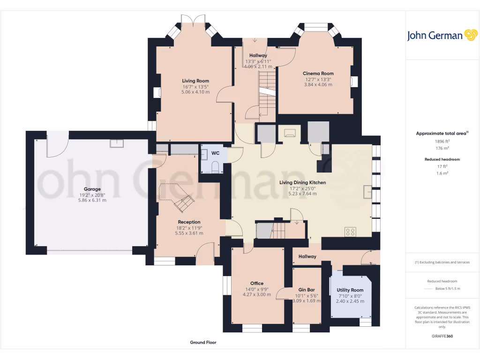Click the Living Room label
pyautogui.click(x=195, y=81)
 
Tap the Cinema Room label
pyautogui.click(x=318, y=74)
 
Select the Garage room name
pyautogui.click(x=92, y=189)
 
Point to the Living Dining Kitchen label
pyautogui.click(x=302, y=182)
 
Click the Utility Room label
pyautogui.click(x=350, y=290)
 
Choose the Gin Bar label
pyautogui.click(x=307, y=290)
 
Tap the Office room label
pyautogui.click(x=256, y=283)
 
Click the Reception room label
pyautogui.click(x=189, y=222)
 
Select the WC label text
pyautogui.click(x=215, y=153)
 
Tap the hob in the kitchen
pyautogui.click(x=350, y=232)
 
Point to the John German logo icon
pyautogui.click(x=470, y=36)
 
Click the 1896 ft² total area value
pyautogui.click(x=442, y=141)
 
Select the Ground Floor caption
pyautogui.click(x=203, y=343)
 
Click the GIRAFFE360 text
pyautogui.click(x=442, y=336)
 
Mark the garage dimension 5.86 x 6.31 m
pyautogui.click(x=92, y=200)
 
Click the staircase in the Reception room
pyautogui.click(x=184, y=202)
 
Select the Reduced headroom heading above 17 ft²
pyautogui.click(x=442, y=159)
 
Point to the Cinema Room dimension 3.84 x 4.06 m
pyautogui.click(x=318, y=85)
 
